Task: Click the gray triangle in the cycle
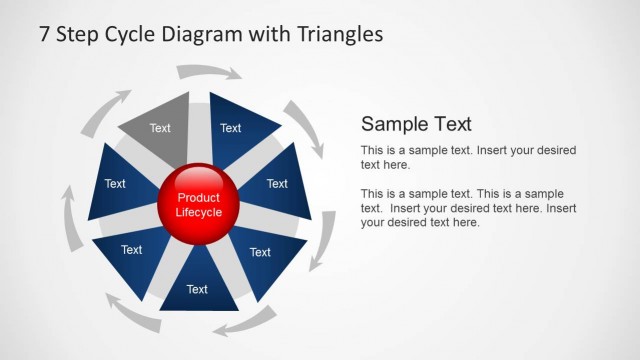tap(159, 126)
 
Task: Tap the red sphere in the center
tap(198, 204)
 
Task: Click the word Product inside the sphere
tap(198, 198)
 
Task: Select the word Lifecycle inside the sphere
tap(198, 212)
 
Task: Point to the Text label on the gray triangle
tap(160, 128)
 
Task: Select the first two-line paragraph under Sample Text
tap(468, 157)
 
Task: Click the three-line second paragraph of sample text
tap(468, 208)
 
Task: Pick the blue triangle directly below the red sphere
tap(198, 285)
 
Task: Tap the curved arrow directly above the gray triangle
tap(209, 72)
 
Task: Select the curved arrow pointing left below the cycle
tap(244, 323)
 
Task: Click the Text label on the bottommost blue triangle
tap(198, 289)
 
